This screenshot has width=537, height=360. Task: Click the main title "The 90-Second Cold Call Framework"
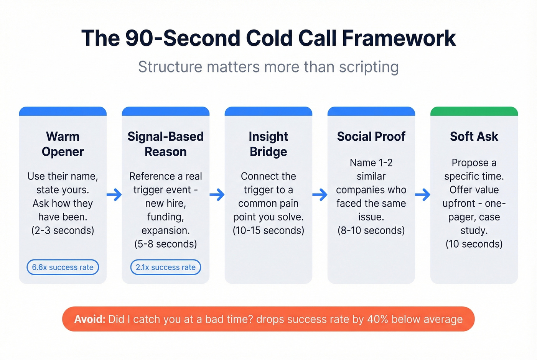tap(268, 38)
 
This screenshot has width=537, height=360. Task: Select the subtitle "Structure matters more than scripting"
tap(268, 67)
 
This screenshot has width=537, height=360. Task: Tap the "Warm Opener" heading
tap(63, 144)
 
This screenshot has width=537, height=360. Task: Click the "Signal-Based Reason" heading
tap(166, 144)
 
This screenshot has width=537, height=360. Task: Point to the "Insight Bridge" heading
tap(268, 144)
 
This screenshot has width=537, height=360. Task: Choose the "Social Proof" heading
tap(371, 136)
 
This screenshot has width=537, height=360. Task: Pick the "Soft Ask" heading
tap(474, 136)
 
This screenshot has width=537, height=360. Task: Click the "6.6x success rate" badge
tap(63, 267)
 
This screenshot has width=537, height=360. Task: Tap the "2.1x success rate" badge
tap(166, 267)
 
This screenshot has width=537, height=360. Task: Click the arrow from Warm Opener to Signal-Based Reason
tap(114, 195)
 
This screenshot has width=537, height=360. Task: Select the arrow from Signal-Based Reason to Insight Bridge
tap(217, 195)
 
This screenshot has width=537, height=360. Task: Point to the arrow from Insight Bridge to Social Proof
tap(320, 195)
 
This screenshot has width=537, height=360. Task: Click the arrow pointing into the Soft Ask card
tap(423, 195)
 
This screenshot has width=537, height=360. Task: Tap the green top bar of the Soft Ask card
tap(474, 111)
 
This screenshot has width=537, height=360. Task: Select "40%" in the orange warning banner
tap(378, 319)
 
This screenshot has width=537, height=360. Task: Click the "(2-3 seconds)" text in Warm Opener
tap(63, 230)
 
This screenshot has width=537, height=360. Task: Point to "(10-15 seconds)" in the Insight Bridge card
tap(268, 230)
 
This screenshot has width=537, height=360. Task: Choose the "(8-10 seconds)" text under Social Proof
tap(371, 230)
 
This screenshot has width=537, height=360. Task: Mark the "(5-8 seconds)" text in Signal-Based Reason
tap(166, 244)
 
